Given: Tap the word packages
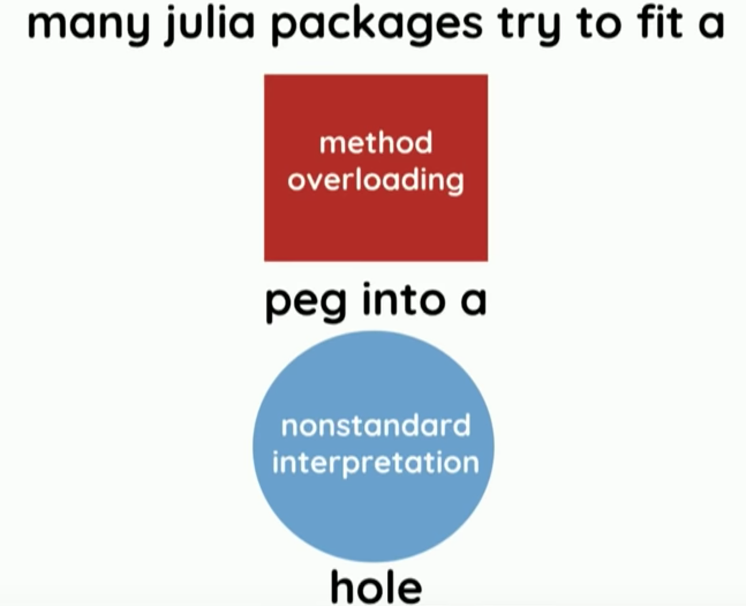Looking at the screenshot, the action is coord(376,26).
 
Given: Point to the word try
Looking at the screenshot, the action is coord(529,26).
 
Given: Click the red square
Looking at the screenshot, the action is coord(375,231).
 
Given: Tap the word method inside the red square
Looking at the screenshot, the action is coord(376,143).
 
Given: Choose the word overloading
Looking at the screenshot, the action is coord(376,180).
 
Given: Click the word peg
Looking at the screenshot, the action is coord(306,302).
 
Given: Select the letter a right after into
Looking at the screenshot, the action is coord(473,303).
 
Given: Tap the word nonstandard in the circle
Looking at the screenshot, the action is coord(376,426).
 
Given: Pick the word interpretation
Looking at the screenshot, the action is coord(376,463).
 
